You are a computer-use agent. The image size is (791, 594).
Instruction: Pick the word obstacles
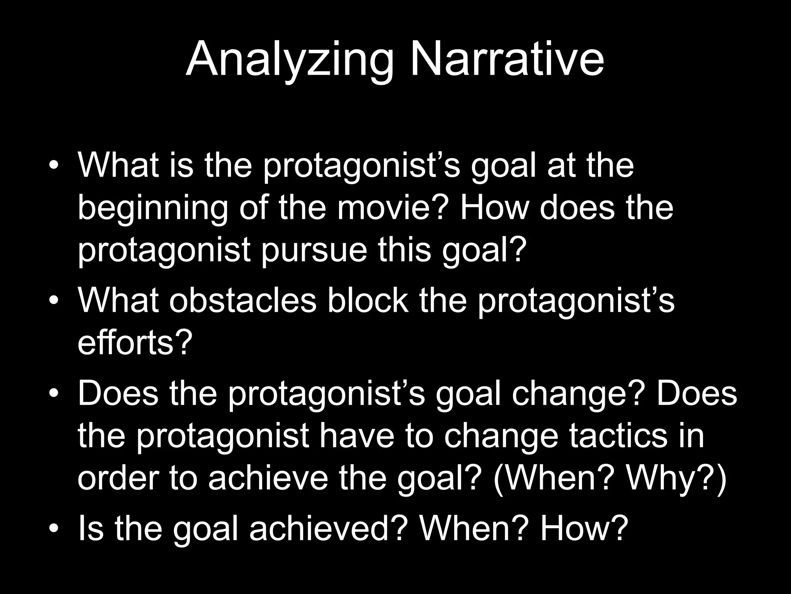pyautogui.click(x=243, y=301)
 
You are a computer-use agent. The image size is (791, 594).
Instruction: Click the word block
pyautogui.click(x=368, y=301)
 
